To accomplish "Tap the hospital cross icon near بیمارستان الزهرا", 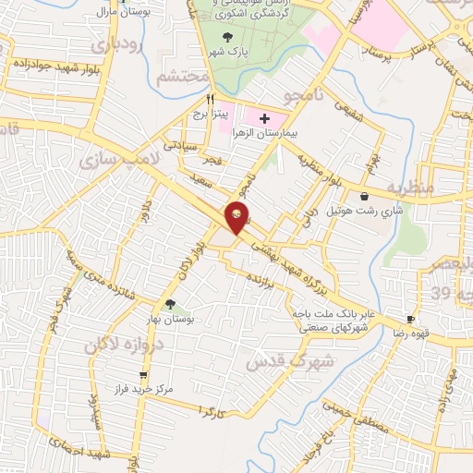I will pyautogui.click(x=265, y=118).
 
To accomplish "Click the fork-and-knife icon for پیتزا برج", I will pyautogui.click(x=212, y=98).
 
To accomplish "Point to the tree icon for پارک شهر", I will pyautogui.click(x=228, y=37).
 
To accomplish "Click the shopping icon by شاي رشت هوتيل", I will pyautogui.click(x=363, y=197).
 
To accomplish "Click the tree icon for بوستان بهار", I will pyautogui.click(x=169, y=304).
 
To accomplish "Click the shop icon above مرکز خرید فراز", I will pyautogui.click(x=142, y=374).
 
